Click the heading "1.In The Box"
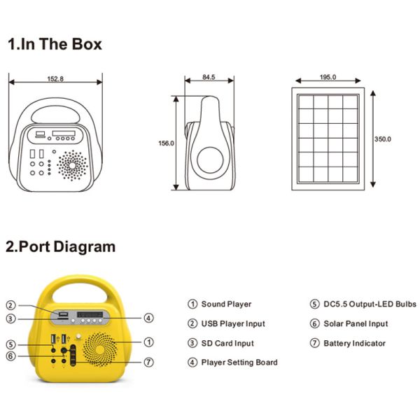(x=55, y=44)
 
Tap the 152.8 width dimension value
(x=55, y=79)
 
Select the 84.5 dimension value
(x=209, y=77)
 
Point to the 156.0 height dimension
(x=166, y=143)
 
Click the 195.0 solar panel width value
(x=328, y=77)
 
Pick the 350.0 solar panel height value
(x=383, y=139)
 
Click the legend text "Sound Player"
(x=226, y=304)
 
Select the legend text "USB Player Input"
(x=233, y=324)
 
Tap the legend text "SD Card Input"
(x=227, y=344)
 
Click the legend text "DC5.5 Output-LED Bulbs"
(x=370, y=304)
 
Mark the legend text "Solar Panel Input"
(x=356, y=324)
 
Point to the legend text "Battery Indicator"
(x=354, y=344)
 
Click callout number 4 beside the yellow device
(x=148, y=318)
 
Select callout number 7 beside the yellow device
(x=148, y=362)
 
